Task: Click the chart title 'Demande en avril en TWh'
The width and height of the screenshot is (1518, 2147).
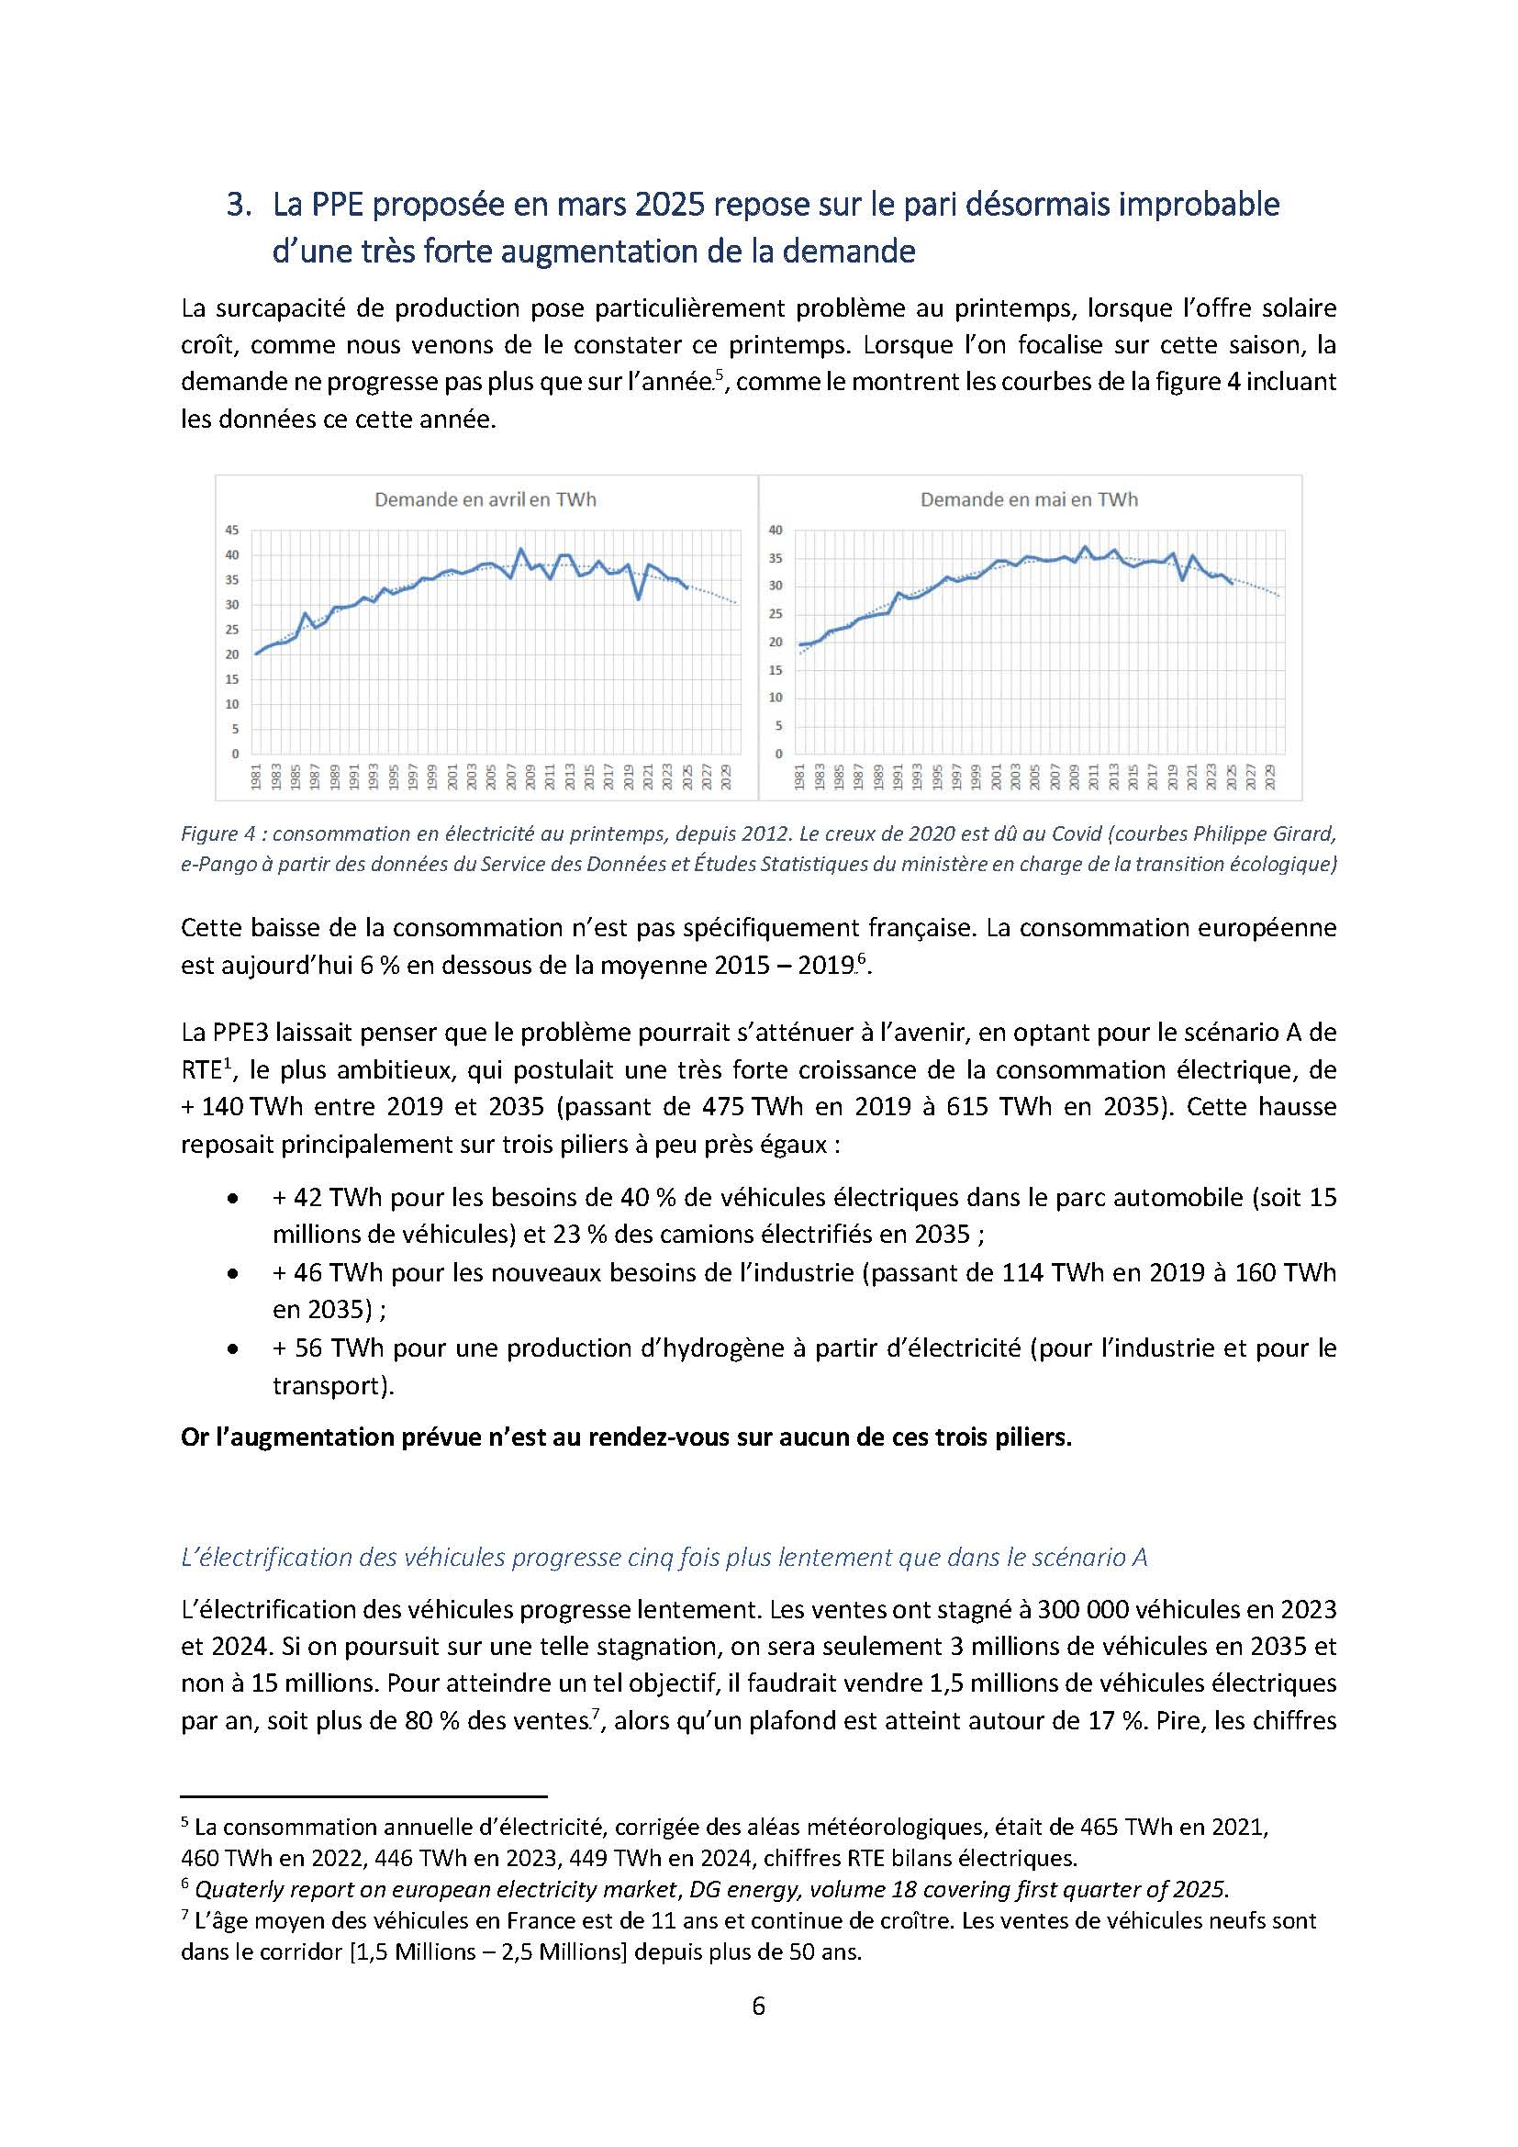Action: click(486, 499)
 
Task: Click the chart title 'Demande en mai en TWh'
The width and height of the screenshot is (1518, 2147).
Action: click(1028, 499)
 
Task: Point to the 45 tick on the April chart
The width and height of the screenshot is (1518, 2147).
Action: click(232, 531)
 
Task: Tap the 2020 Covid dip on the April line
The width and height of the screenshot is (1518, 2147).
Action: click(639, 598)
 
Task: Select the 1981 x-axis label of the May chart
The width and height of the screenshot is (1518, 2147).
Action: click(800, 777)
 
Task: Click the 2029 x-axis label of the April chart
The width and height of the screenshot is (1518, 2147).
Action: click(726, 777)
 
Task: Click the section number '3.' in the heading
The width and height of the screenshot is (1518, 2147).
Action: click(239, 205)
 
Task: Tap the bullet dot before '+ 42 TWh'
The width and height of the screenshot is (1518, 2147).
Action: click(232, 1199)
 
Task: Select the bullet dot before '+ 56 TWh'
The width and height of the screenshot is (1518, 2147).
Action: click(232, 1349)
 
